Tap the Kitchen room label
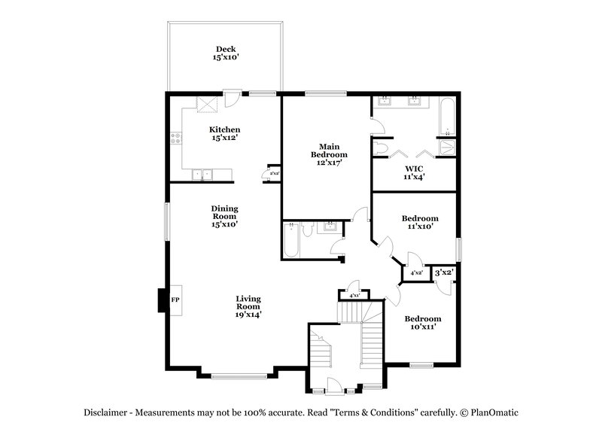[224, 134]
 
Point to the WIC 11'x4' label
[414, 172]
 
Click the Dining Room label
[223, 216]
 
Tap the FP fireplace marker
[175, 300]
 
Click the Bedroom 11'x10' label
[419, 223]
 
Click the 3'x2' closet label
[443, 272]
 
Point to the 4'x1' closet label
[354, 296]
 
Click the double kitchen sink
[202, 175]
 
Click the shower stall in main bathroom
[447, 147]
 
